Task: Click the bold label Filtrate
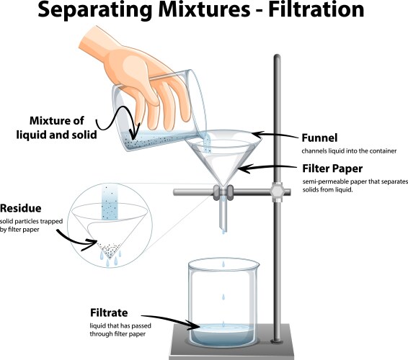110,313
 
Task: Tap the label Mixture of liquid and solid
65,127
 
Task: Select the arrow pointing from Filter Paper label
270,168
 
